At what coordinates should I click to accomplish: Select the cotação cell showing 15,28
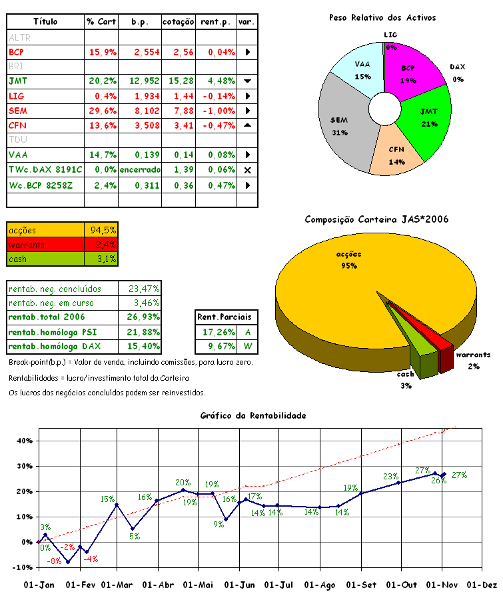(x=180, y=81)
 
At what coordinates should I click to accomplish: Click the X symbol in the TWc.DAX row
(x=247, y=170)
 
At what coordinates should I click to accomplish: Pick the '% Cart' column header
(x=101, y=22)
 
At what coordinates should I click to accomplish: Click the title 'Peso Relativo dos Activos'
(x=382, y=17)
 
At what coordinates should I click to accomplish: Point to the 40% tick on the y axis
(x=23, y=441)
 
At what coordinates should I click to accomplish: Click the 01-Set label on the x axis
(x=360, y=585)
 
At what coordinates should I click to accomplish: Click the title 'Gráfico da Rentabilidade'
(x=252, y=415)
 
